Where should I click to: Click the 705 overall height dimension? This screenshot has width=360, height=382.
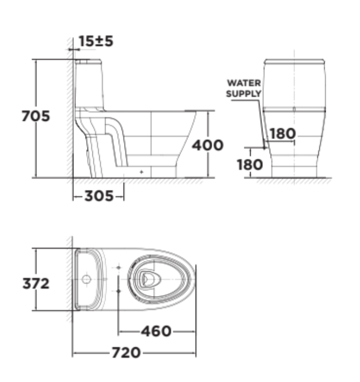coord(36,116)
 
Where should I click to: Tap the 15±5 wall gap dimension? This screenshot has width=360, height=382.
coord(96,41)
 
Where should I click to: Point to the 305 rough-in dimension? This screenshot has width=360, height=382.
coord(99,196)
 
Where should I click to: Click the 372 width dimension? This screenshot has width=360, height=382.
coord(36,283)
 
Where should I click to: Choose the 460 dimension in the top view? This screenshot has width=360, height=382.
coord(156,331)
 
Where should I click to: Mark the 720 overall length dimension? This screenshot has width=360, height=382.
coord(126,352)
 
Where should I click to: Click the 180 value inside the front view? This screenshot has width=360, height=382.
coord(282,134)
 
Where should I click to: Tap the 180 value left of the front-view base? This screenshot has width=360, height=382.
coord(250,165)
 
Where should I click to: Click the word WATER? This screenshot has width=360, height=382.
coord(243,83)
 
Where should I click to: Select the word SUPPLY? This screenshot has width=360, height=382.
coord(243,93)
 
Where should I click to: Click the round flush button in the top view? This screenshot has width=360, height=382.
coord(86,278)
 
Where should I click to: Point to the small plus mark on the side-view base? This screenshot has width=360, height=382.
coord(141,171)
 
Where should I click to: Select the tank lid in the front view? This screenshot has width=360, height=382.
coord(293,61)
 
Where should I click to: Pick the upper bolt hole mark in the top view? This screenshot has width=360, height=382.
coord(119,268)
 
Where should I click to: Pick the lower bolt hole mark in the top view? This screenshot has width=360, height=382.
coord(119,290)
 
